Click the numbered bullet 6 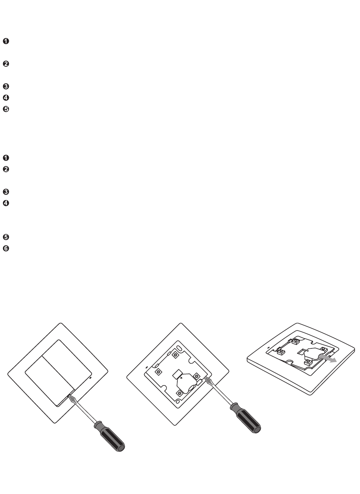click(x=6, y=249)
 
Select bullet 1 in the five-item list click(x=6, y=41)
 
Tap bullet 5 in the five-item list click(x=6, y=109)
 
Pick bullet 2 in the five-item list click(x=6, y=64)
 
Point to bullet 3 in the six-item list click(x=6, y=192)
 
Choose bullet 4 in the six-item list click(x=6, y=203)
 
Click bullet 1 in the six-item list click(x=6, y=158)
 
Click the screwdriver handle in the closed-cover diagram click(x=110, y=436)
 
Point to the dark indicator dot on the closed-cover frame click(x=91, y=378)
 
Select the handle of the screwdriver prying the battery click(x=245, y=418)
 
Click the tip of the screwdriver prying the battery click(x=205, y=378)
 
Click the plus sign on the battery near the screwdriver click(x=181, y=378)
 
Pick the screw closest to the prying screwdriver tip click(x=196, y=376)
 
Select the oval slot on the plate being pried click(x=179, y=348)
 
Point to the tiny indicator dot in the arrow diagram click(x=269, y=348)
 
